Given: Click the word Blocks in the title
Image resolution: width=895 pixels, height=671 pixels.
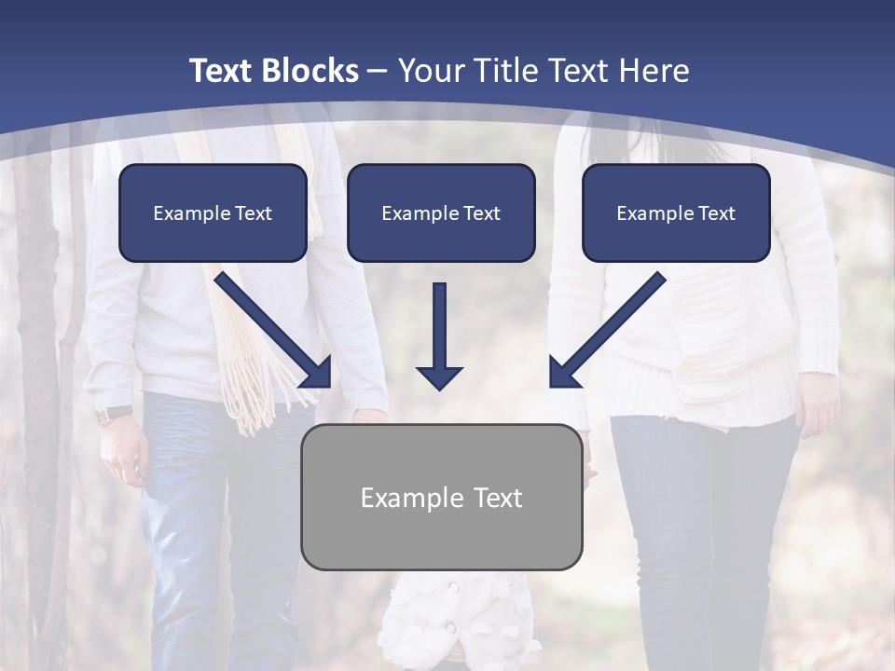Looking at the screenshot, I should pyautogui.click(x=311, y=71).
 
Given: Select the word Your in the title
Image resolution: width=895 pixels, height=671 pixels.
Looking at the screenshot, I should pyautogui.click(x=431, y=71).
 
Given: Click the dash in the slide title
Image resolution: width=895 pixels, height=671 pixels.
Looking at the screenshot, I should pyautogui.click(x=378, y=72).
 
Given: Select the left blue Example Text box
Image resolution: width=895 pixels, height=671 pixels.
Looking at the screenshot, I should pyautogui.click(x=213, y=212).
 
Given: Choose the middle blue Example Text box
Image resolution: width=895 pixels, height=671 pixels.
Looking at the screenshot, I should pyautogui.click(x=441, y=212).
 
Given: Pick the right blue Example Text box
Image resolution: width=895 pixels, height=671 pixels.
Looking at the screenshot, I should pyautogui.click(x=676, y=212).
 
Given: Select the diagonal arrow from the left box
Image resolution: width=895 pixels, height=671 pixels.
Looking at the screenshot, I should pyautogui.click(x=275, y=331).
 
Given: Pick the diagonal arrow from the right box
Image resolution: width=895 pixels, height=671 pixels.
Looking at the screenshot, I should pyautogui.click(x=606, y=331).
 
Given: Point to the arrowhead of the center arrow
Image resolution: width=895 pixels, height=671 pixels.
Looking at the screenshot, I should pyautogui.click(x=439, y=377).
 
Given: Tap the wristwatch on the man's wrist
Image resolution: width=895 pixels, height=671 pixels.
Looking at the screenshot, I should pyautogui.click(x=114, y=414).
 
